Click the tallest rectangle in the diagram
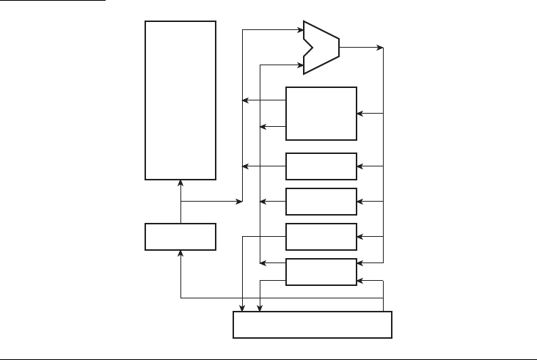click(x=180, y=100)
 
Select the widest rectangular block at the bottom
click(x=313, y=325)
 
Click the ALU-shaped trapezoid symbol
click(x=323, y=48)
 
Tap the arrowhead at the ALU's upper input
click(x=300, y=31)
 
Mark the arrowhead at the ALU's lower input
click(x=300, y=65)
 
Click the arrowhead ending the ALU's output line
click(x=381, y=48)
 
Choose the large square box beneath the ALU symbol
click(x=321, y=113)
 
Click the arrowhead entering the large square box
click(x=360, y=113)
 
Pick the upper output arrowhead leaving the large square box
click(x=246, y=100)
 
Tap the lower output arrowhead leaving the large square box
click(x=263, y=127)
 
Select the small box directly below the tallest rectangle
click(x=180, y=237)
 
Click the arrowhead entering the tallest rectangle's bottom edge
click(x=180, y=183)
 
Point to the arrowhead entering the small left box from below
click(x=180, y=253)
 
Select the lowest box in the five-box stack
click(x=321, y=272)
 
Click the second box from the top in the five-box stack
click(x=321, y=166)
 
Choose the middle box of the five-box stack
click(x=321, y=202)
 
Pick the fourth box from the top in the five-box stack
click(x=321, y=237)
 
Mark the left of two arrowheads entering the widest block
click(x=243, y=308)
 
